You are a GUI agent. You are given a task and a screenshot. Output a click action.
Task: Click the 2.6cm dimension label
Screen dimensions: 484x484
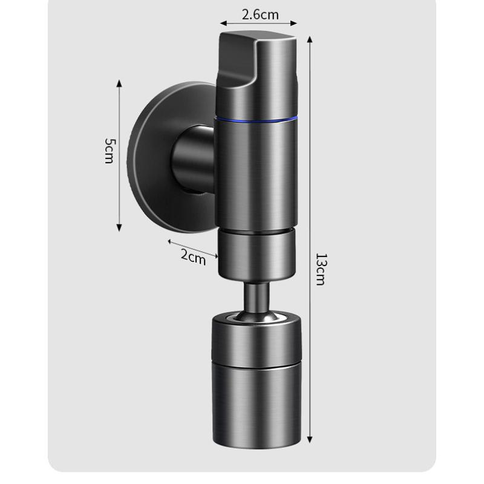pyautogui.click(x=258, y=14)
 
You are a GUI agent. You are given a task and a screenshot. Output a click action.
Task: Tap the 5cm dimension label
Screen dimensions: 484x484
pyautogui.click(x=109, y=151)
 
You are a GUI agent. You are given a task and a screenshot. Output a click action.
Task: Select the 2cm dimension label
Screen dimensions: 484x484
pyautogui.click(x=193, y=257)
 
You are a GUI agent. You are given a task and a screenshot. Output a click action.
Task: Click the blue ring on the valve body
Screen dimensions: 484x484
pyautogui.click(x=257, y=119)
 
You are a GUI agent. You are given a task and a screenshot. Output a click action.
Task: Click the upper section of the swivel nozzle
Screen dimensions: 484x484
pyautogui.click(x=257, y=342)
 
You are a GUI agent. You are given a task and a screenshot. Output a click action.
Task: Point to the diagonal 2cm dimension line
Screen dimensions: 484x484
pyautogui.click(x=192, y=248)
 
